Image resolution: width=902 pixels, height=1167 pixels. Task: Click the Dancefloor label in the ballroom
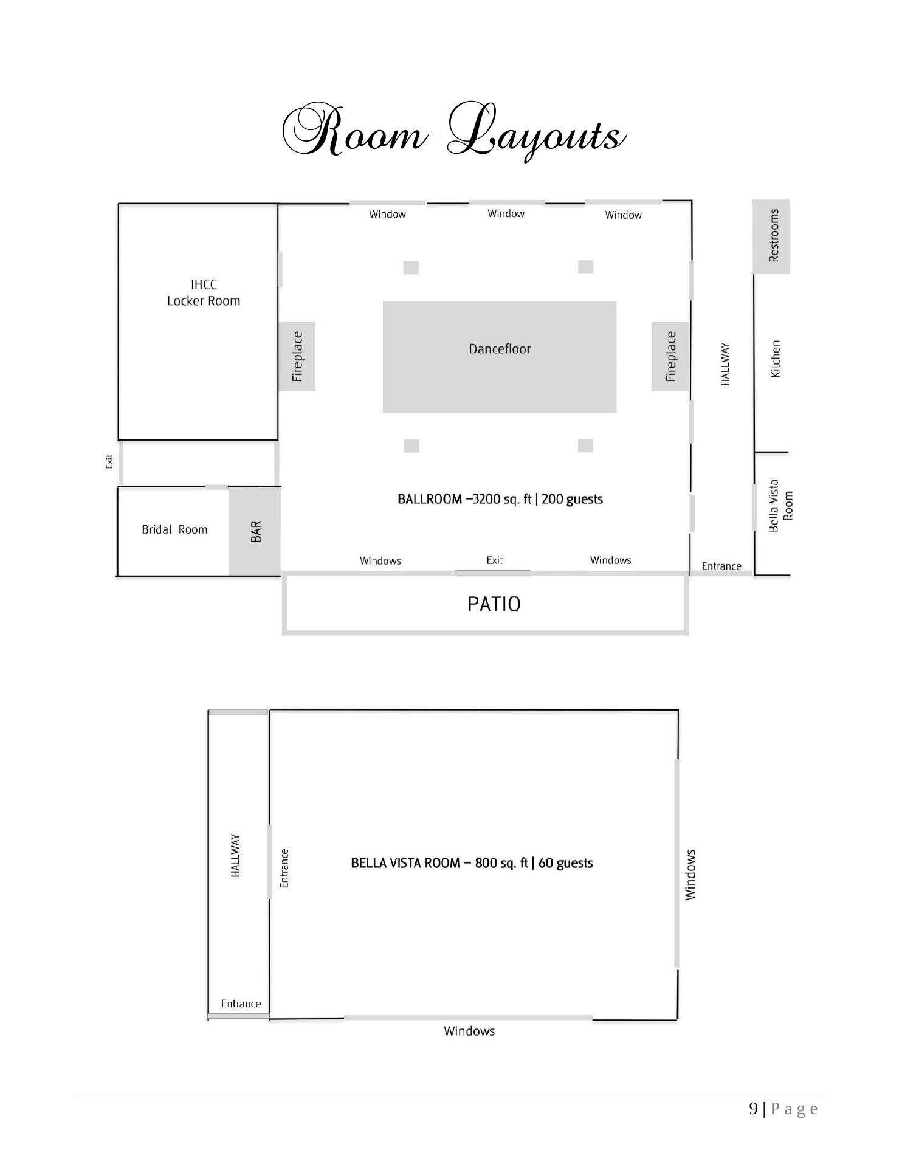tap(500, 349)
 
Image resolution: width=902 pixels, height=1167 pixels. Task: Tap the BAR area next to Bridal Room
tap(255, 531)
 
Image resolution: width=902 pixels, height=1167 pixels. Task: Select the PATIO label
tap(494, 604)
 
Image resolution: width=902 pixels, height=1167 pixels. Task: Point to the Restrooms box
tap(771, 236)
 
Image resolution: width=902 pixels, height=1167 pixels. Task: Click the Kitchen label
tap(775, 359)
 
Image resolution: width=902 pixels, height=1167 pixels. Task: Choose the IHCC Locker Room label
tap(204, 292)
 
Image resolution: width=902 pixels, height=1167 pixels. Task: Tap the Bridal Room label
tap(174, 529)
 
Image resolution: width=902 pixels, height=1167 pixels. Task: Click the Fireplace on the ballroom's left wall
tap(297, 356)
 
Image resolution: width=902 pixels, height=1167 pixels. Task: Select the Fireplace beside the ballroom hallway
tap(670, 356)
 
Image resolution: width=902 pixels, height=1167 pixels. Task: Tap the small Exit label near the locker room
tap(109, 462)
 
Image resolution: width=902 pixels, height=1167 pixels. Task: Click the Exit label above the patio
tap(495, 560)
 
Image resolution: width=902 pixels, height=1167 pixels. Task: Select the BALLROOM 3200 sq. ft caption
tap(500, 499)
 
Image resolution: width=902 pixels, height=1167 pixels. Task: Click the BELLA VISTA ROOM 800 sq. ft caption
tap(472, 863)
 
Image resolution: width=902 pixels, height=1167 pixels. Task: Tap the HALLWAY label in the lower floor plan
tap(235, 855)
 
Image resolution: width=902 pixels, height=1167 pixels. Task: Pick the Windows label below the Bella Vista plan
tap(469, 1031)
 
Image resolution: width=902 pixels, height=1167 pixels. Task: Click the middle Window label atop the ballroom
tap(506, 213)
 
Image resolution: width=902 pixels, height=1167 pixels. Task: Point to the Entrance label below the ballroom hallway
tap(721, 566)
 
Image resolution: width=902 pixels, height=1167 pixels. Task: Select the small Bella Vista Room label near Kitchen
tap(781, 506)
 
